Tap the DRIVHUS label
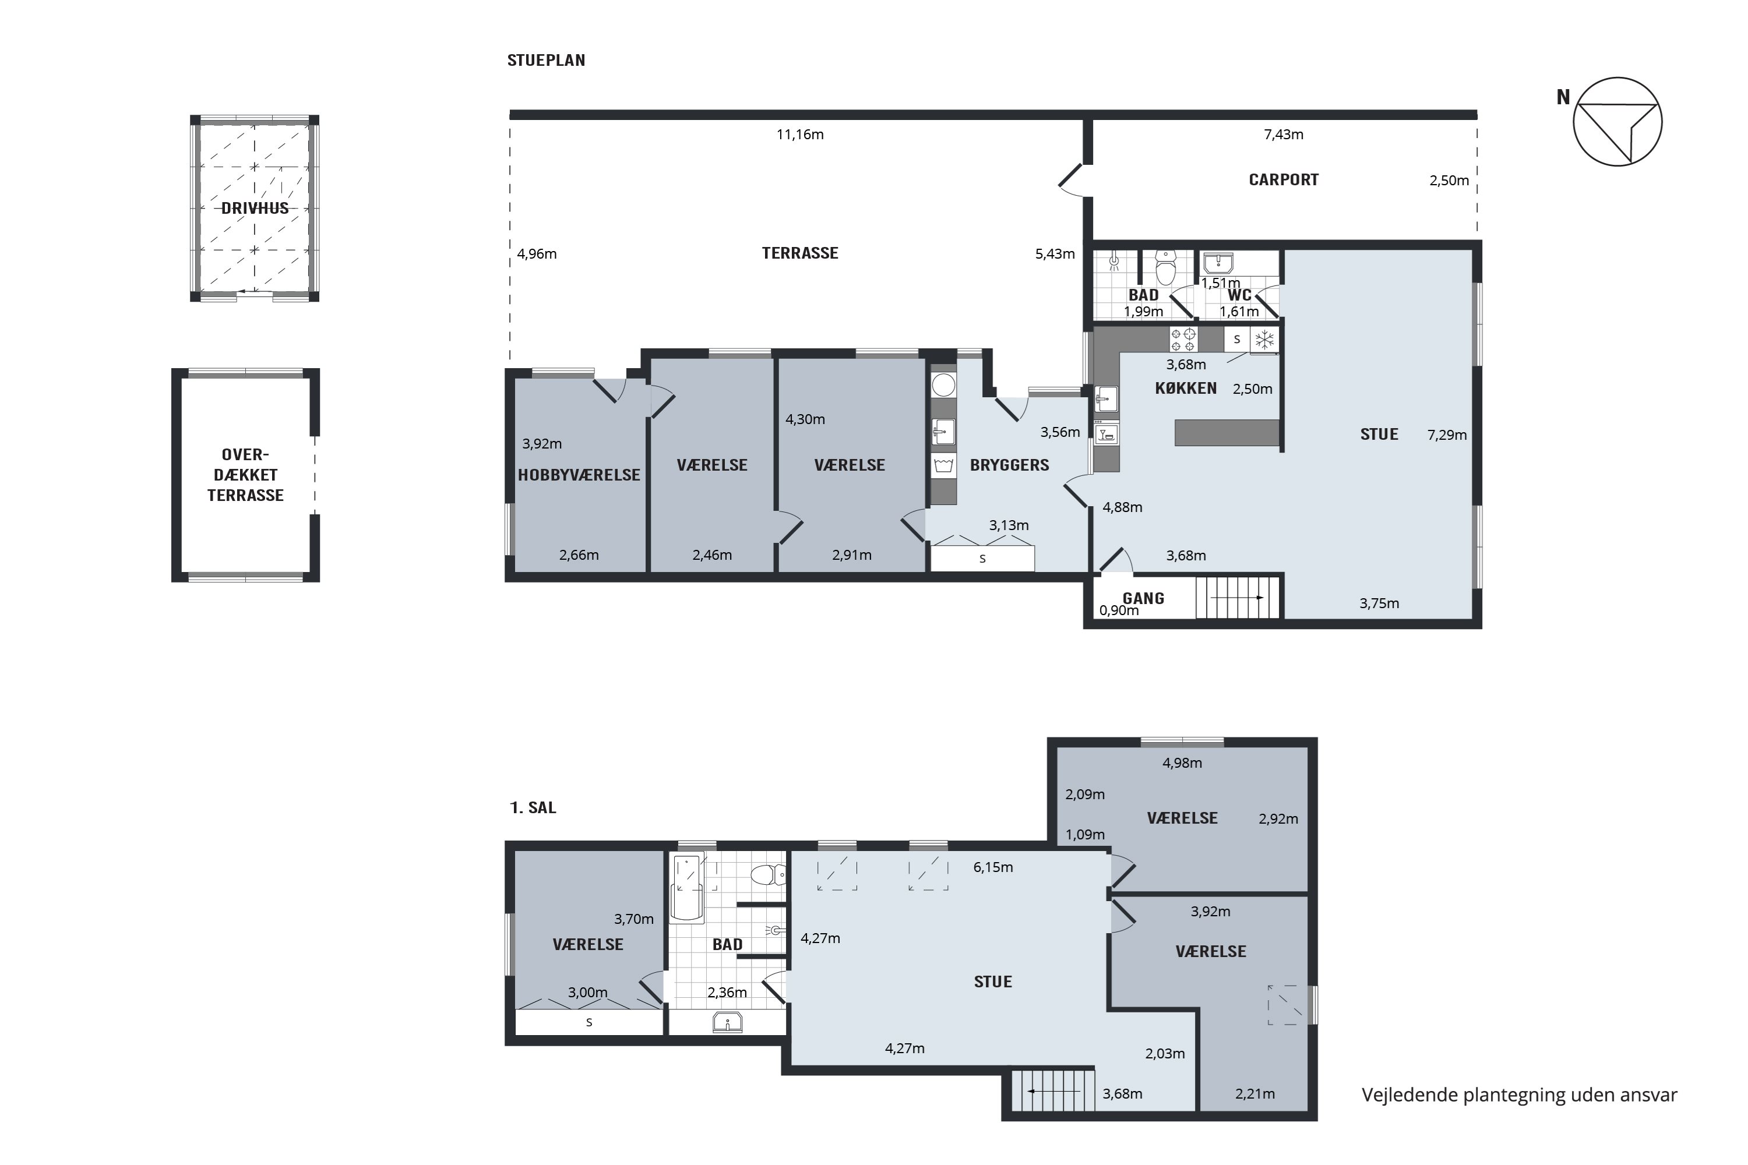255,209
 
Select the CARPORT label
1284,180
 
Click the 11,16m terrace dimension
799,135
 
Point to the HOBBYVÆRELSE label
579,475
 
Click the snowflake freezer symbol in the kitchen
1264,340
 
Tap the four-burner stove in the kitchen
1183,340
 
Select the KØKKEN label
1186,389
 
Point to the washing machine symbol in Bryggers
943,467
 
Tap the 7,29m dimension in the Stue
1447,435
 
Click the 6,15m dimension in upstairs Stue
993,868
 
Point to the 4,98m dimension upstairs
1182,763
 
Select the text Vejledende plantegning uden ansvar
1519,1095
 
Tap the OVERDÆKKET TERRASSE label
245,475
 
